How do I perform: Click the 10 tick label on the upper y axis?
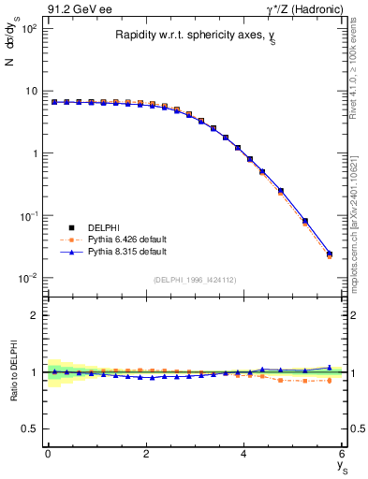tap(30, 91)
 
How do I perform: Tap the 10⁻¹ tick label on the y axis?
tap(28, 216)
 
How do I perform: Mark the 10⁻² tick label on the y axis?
tap(28, 279)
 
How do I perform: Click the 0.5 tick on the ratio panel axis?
tap(30, 429)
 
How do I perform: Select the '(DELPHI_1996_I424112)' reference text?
tap(195, 278)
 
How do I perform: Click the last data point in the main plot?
tap(329, 254)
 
